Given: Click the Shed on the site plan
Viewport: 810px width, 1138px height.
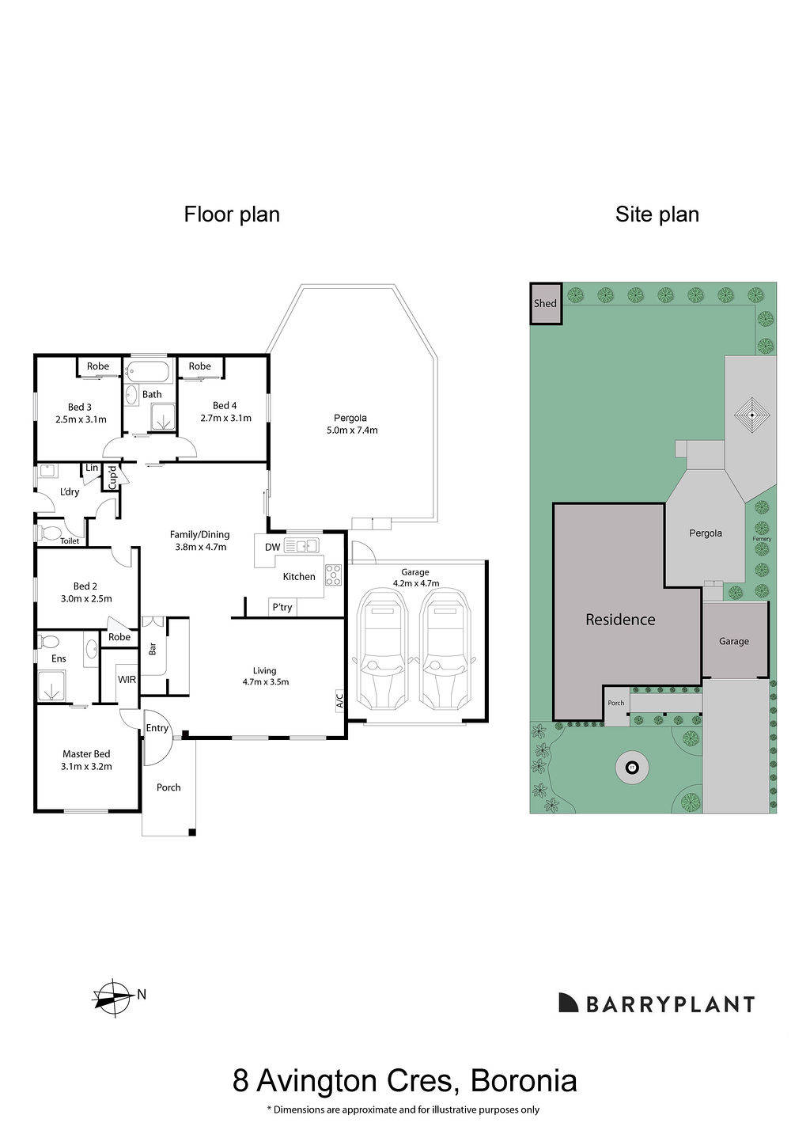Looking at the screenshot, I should [x=545, y=304].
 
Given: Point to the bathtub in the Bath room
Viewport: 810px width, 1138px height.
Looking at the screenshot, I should [x=149, y=370].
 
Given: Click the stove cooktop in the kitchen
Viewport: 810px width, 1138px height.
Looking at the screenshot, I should [x=333, y=575].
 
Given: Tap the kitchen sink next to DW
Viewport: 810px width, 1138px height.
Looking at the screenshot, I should [x=301, y=545].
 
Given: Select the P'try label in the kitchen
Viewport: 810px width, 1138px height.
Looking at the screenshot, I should [x=282, y=607].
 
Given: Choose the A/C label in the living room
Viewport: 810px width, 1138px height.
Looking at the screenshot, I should [x=339, y=700].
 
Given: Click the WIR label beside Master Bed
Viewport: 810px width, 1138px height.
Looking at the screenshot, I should [x=127, y=679].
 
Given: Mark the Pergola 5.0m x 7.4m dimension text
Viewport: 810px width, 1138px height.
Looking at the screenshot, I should [x=352, y=424].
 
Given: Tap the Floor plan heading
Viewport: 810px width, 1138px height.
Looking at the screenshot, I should [x=232, y=214].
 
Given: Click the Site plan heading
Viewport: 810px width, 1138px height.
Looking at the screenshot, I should [x=657, y=214].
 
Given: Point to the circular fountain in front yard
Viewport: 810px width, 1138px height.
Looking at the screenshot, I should [x=632, y=767].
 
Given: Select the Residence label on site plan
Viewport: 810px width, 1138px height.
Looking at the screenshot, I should [x=620, y=620].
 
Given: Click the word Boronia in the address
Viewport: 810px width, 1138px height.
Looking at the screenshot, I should [x=523, y=1080].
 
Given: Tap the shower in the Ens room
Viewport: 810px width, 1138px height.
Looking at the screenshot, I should [x=54, y=685].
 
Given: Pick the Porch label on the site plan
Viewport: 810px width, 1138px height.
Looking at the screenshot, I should [x=615, y=703].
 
